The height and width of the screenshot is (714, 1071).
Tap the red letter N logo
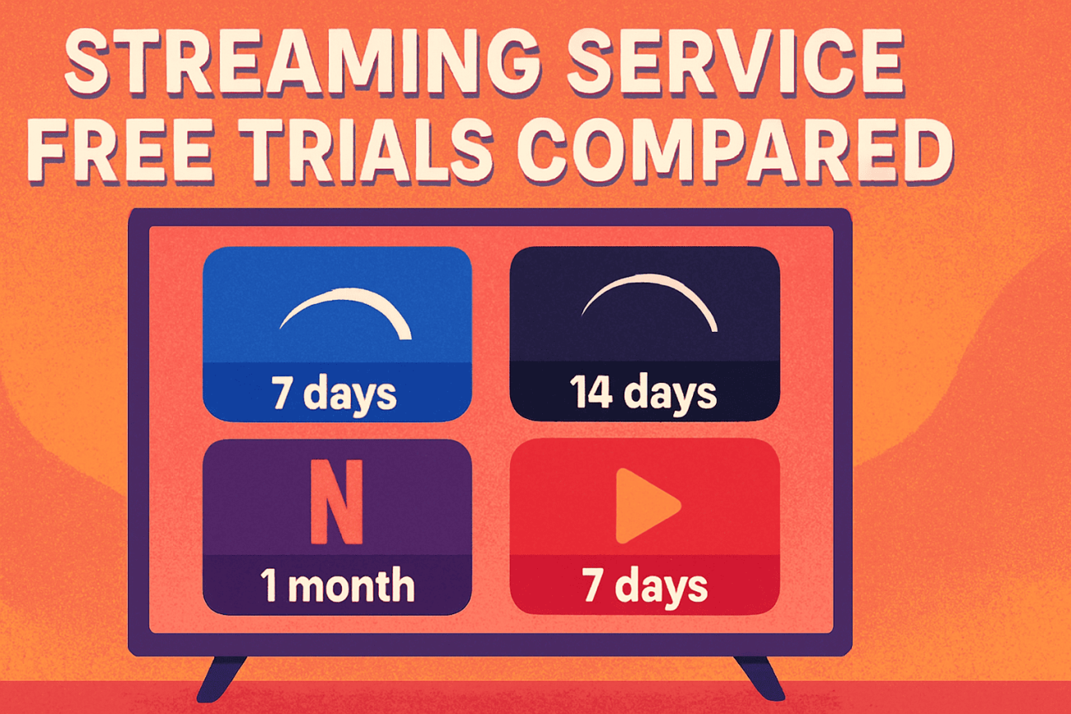coord(337,502)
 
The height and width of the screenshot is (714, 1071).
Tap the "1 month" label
coord(337,585)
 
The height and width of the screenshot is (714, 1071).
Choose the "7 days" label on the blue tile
coord(334,394)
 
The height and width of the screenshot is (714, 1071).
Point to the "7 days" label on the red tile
coord(644,586)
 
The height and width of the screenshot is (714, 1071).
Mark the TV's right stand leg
coord(759,678)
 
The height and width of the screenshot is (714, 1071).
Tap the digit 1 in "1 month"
coord(269,585)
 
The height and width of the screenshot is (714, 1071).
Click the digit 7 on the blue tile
coord(283,394)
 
